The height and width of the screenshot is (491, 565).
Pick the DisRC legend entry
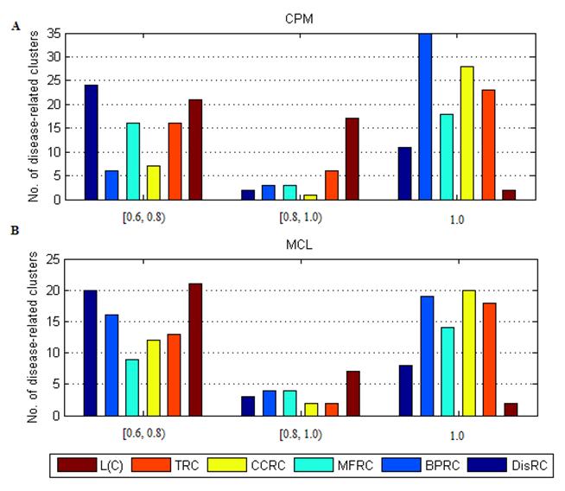[x=525, y=466]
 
